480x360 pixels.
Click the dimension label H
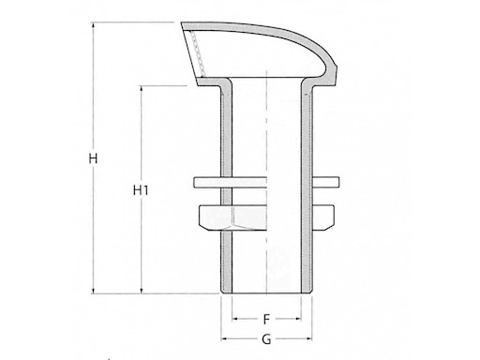pos(93,158)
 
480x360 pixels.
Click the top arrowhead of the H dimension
pos(93,25)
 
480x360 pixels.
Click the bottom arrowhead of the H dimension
pos(93,291)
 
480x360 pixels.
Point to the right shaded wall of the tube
pos(307,187)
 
